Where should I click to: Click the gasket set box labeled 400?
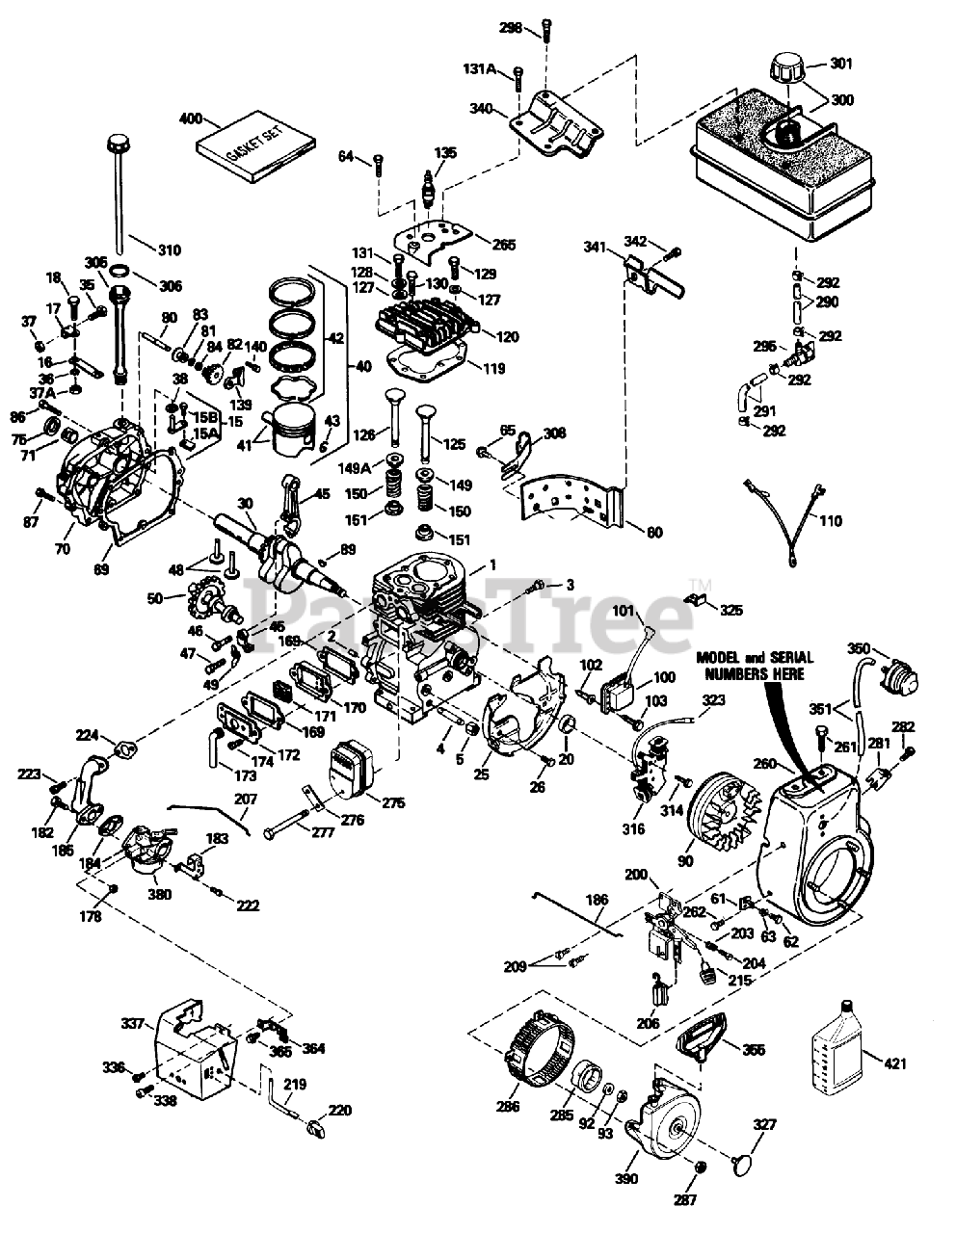(x=257, y=144)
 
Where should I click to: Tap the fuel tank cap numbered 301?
(x=783, y=69)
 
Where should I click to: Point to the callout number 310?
(x=169, y=251)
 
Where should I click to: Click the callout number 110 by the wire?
(x=830, y=521)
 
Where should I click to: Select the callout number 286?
(x=508, y=1107)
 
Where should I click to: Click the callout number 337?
(x=132, y=1022)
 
